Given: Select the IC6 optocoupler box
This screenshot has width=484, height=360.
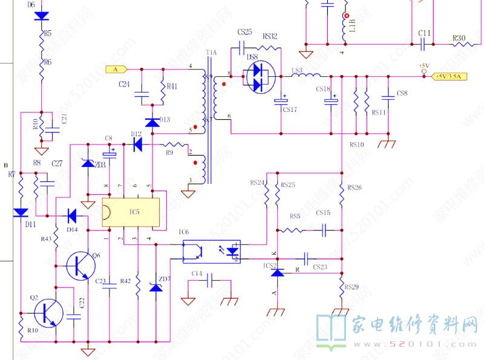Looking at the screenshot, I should click(211, 250).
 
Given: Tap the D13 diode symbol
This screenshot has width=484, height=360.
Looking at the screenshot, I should click(152, 122).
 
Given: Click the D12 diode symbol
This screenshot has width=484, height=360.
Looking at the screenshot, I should click(137, 144).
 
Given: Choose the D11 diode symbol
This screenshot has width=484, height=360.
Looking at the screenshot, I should click(21, 212).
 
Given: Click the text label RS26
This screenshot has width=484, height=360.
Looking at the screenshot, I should click(355, 188).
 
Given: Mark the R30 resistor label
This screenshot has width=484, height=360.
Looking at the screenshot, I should click(459, 38).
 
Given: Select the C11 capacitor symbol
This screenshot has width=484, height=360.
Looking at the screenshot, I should click(424, 44).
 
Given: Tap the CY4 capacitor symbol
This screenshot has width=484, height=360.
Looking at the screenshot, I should click(211, 281).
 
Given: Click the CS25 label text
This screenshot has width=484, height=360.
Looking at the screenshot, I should click(244, 32).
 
